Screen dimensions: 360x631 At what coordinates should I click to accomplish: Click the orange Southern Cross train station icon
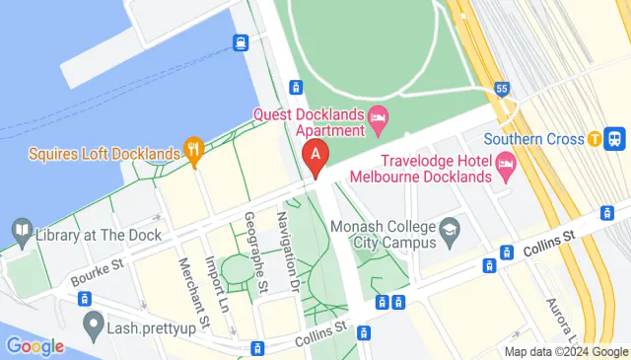tap(595, 139)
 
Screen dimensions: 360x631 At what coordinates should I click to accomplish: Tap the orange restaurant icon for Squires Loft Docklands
tap(193, 153)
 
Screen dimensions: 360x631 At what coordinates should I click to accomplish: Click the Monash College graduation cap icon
tap(450, 233)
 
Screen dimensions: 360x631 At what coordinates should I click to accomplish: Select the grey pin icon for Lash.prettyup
tap(94, 322)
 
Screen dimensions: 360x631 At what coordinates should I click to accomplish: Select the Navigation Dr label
tap(288, 252)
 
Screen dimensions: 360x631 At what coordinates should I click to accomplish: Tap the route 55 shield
tap(502, 89)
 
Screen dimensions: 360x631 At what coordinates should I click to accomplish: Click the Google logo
tap(34, 346)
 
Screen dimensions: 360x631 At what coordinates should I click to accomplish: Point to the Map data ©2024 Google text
tap(566, 352)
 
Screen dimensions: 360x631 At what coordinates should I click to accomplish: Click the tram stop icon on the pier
tap(241, 42)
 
